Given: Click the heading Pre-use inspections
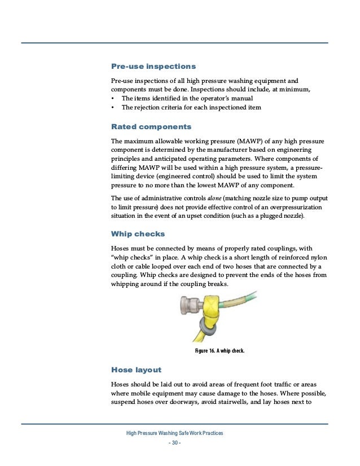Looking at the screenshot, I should point(153,67).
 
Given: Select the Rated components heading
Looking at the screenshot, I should point(151,126).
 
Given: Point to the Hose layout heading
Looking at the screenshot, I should point(136,370).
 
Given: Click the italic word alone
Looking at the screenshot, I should point(216,198).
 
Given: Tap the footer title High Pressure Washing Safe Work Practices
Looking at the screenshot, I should point(175,433).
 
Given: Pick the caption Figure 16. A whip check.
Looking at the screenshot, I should point(219,351).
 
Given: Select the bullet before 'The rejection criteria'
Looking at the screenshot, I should point(113,108).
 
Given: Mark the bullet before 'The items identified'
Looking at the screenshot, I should point(113,99).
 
